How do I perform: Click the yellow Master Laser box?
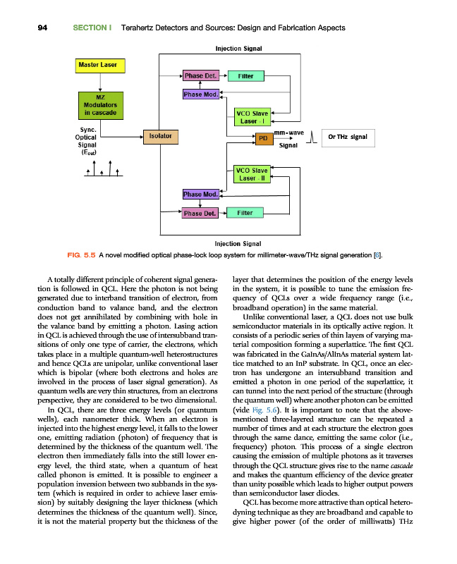pyautogui.click(x=100, y=66)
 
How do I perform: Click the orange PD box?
pyautogui.click(x=263, y=138)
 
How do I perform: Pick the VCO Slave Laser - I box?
pyautogui.click(x=252, y=117)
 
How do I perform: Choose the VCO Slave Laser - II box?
pyautogui.click(x=252, y=173)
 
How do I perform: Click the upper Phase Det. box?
pyautogui.click(x=200, y=76)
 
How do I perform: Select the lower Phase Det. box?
pyautogui.click(x=200, y=212)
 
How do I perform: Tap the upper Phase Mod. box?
pyautogui.click(x=200, y=94)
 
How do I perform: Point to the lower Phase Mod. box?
pyautogui.click(x=200, y=194)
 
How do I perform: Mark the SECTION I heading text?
pyautogui.click(x=92, y=27)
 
